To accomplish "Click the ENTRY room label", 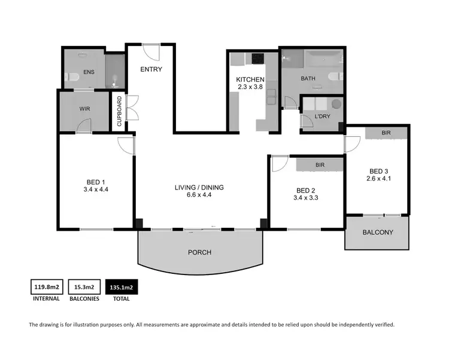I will click(151, 69).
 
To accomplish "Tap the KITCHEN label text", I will click(250, 80).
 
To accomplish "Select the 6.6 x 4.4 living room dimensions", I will click(199, 195).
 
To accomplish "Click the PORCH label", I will click(199, 252).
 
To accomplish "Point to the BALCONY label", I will click(377, 233).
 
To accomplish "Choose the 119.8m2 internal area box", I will click(45, 288).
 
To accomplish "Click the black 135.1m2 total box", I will click(122, 288).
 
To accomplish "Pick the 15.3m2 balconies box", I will click(83, 288).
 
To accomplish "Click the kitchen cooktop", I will click(258, 59).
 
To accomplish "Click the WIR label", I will click(84, 110).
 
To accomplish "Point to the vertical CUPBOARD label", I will click(120, 112).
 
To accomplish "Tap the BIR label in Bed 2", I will click(320, 164).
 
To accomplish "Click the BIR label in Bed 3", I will click(387, 132).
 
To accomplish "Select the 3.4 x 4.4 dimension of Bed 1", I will click(96, 189).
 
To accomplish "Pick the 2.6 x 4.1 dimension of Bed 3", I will click(378, 178).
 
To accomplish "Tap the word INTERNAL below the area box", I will click(45, 298).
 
